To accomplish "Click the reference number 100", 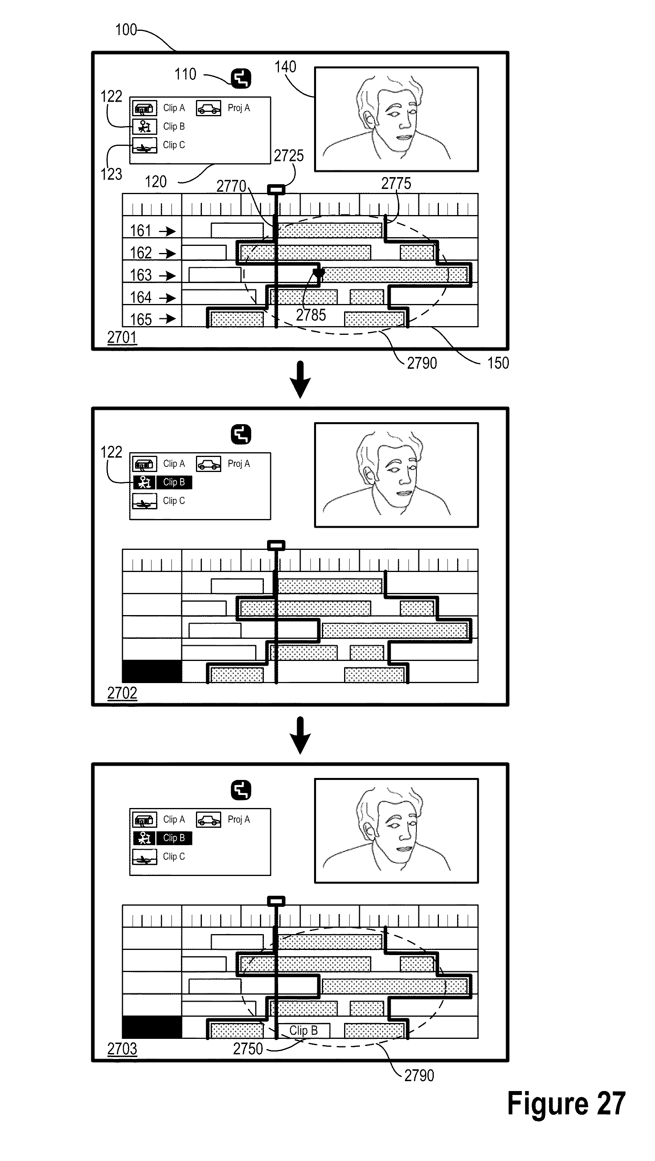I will coord(126,30).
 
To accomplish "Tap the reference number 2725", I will coord(289,156).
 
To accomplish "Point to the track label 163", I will coord(141,275).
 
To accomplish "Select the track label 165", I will coord(141,319).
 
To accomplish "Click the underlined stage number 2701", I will coord(122,337).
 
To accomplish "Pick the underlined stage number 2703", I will coord(122,1049).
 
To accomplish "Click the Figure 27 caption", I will coord(566,1104).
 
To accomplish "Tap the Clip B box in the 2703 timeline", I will coord(304,1030).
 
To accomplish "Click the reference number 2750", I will coord(248,1049).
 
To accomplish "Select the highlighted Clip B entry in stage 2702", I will coord(174,482).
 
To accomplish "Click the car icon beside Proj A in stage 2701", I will coord(209,108).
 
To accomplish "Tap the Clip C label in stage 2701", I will coord(174,145).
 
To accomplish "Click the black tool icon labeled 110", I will coord(241,78).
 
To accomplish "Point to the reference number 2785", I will coord(311,315).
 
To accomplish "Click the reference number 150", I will coord(498,363).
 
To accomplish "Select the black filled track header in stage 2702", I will coord(152,672).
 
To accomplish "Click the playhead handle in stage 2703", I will coord(276,901).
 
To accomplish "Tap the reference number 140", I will coord(285,67).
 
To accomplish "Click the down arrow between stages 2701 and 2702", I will coord(300,379).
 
